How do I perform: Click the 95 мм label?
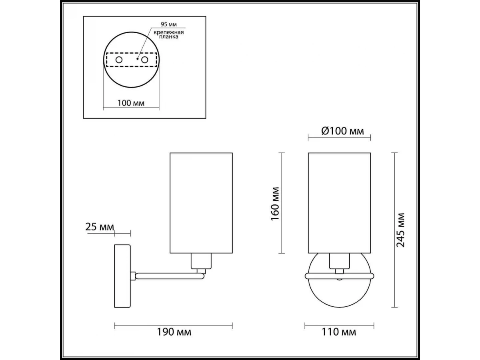coord(169,24)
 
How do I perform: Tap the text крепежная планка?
coord(169,34)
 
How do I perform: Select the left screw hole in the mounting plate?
coord(119,60)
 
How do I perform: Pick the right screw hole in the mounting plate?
coord(145,60)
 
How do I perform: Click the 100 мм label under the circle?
coord(131,103)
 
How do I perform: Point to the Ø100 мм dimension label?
coord(343,131)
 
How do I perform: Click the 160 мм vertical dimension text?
coord(275,204)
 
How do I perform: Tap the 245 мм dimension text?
coord(401,230)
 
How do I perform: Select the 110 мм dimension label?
coord(339,332)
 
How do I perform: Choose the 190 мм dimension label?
coord(174,332)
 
